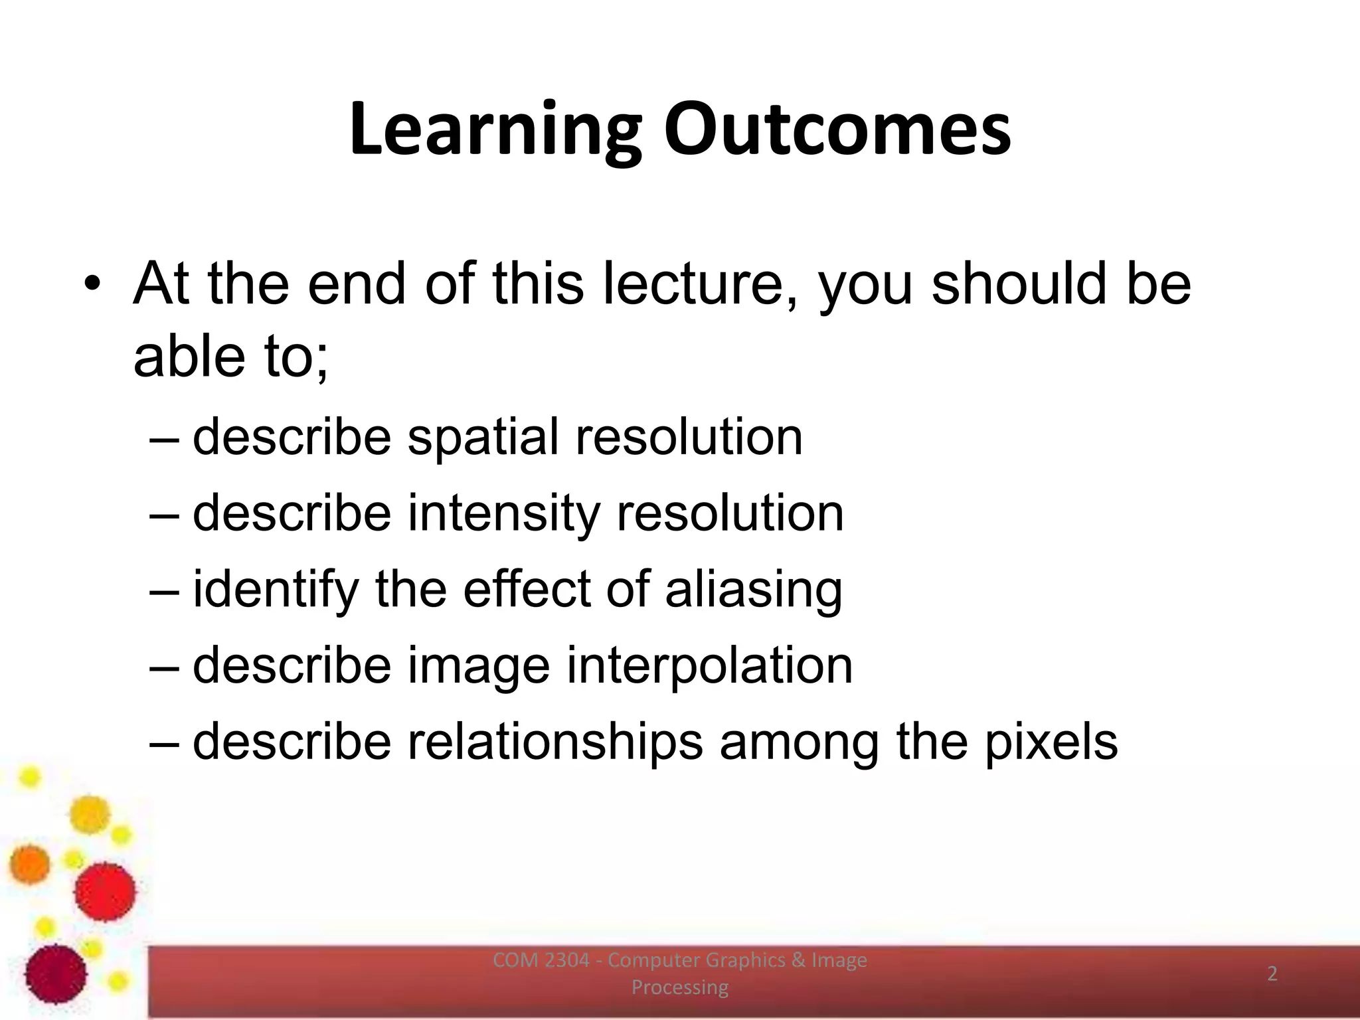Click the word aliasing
(x=754, y=590)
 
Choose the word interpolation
(x=709, y=666)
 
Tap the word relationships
(x=554, y=742)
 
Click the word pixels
(x=1051, y=742)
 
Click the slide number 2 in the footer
(x=1272, y=974)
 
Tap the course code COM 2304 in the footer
(x=541, y=960)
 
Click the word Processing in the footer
(x=679, y=987)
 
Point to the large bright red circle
(x=105, y=892)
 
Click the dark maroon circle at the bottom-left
(x=56, y=974)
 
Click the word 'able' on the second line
(x=189, y=357)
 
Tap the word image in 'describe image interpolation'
(x=478, y=666)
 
